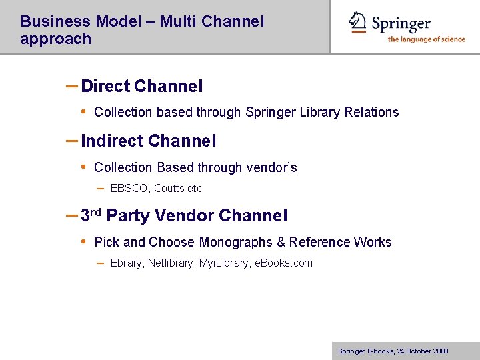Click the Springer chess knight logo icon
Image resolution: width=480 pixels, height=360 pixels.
pos(359,22)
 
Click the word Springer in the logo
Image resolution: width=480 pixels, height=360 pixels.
pos(401,24)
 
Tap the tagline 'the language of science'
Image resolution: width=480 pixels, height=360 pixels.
pos(426,39)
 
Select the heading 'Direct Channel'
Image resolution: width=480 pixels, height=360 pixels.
pos(141,87)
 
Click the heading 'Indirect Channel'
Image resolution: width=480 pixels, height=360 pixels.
pos(148,141)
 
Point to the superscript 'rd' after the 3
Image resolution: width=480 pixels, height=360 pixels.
pos(96,212)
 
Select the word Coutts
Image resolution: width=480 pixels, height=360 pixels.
pos(169,189)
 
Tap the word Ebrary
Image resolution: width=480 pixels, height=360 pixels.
pos(126,263)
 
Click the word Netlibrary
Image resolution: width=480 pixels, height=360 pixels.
pos(170,263)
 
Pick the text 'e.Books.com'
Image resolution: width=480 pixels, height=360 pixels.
pos(283,263)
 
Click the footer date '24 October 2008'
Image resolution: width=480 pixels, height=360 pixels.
pos(422,351)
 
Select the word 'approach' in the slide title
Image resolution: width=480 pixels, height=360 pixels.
pos(55,39)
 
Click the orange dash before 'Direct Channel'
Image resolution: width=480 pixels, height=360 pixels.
pos(72,86)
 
